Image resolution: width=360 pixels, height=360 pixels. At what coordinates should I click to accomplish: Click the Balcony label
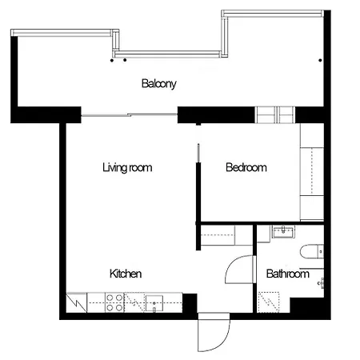[158, 83]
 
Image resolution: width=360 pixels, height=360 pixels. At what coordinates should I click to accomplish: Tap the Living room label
[127, 168]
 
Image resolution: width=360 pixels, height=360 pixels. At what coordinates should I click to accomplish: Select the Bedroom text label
[246, 168]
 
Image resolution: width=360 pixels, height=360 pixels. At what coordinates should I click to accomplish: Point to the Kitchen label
[125, 274]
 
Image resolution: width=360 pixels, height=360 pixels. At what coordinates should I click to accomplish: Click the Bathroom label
[287, 274]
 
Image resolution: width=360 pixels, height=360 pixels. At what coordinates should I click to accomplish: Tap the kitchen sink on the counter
[154, 302]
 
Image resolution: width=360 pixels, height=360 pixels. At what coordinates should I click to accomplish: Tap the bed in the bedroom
[310, 172]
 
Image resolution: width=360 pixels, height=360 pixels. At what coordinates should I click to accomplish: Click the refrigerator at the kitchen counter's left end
[76, 302]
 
